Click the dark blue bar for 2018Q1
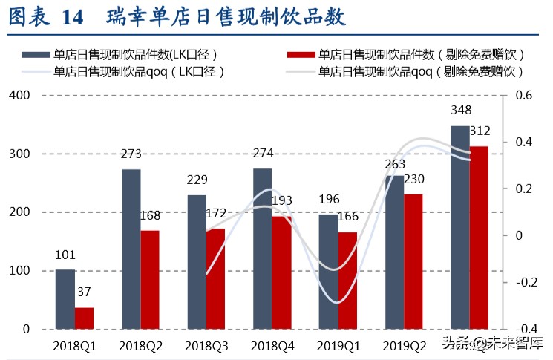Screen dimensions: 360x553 coord(65,299)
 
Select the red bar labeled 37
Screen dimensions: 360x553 coord(85,318)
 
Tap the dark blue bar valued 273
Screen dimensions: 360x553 coord(131,249)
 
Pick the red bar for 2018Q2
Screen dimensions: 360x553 coord(150,279)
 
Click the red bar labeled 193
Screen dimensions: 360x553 coord(281,272)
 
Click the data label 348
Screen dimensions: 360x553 coord(460,111)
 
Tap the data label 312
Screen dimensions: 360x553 coord(480,131)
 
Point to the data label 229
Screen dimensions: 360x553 coord(197,180)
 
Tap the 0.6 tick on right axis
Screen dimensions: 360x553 coord(525,96)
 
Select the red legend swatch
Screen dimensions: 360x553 coord(299,54)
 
